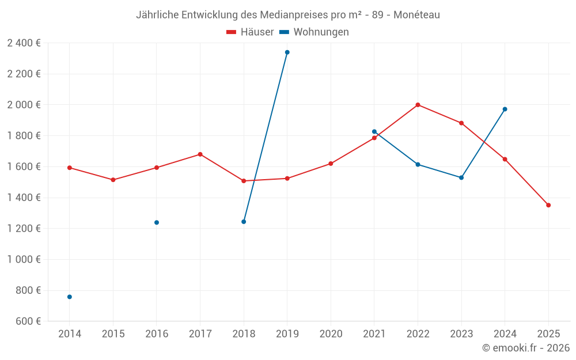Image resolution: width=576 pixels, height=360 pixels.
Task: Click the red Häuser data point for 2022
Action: [x=418, y=105]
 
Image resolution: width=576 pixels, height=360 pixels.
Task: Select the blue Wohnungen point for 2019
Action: [x=287, y=52]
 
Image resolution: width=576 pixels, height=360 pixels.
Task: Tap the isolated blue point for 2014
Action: [x=70, y=297]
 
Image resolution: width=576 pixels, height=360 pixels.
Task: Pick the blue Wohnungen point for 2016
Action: [x=157, y=222]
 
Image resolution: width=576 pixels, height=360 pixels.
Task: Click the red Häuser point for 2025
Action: [x=548, y=205]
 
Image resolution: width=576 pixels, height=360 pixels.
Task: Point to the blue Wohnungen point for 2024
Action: [x=505, y=109]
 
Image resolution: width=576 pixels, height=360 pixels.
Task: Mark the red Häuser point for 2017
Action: [x=200, y=154]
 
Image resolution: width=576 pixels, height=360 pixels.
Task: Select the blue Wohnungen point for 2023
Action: [x=461, y=177]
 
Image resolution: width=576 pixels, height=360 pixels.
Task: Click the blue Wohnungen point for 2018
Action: [x=244, y=222]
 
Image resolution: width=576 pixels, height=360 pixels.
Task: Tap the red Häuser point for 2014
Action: [x=70, y=168]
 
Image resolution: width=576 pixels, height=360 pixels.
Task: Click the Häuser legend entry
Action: [x=251, y=32]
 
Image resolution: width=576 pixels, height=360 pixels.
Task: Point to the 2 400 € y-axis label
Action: [x=24, y=43]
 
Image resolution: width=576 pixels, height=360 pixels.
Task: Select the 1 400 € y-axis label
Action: [x=24, y=198]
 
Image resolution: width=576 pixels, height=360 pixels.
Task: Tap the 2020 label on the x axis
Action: [x=331, y=334]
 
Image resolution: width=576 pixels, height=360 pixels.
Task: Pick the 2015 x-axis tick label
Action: [x=113, y=334]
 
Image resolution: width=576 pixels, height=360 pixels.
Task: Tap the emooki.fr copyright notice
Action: [x=525, y=348]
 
